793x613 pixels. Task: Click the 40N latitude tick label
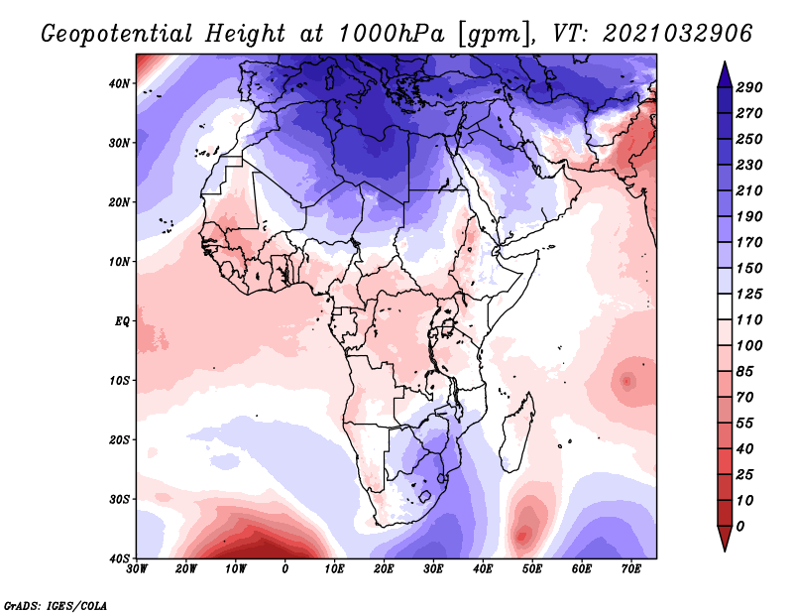pos(120,83)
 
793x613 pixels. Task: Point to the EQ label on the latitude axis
pos(122,321)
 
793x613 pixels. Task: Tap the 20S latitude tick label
pos(120,440)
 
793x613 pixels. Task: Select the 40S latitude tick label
pos(120,558)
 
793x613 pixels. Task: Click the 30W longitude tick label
pos(138,569)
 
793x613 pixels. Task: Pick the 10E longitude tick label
pos(335,569)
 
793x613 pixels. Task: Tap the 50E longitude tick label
pos(532,569)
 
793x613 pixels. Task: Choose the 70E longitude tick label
pos(630,569)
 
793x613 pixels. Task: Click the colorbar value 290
pos(749,87)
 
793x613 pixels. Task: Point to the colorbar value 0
pos(740,525)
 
